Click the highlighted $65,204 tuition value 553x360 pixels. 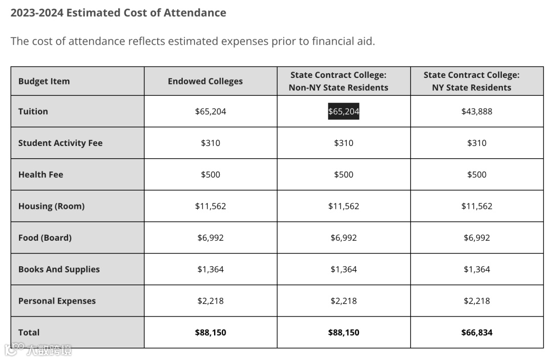[x=344, y=111]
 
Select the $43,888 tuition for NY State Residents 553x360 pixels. [x=477, y=111]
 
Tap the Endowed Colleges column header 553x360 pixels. [x=205, y=81]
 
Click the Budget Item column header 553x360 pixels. [x=44, y=81]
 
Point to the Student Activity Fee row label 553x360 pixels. [x=60, y=143]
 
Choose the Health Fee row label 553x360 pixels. [x=41, y=175]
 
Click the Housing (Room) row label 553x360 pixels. [x=52, y=206]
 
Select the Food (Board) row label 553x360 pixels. [x=45, y=238]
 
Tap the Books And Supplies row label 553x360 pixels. [x=59, y=269]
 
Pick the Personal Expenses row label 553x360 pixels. [x=57, y=301]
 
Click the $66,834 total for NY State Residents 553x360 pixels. [x=477, y=332]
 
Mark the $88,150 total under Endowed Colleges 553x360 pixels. [x=210, y=332]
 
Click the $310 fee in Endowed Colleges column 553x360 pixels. [x=210, y=143]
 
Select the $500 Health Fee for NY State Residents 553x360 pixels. [x=477, y=175]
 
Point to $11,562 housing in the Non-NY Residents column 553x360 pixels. [x=344, y=206]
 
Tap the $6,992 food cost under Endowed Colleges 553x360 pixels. [x=210, y=238]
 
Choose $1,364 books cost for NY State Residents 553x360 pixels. [x=477, y=269]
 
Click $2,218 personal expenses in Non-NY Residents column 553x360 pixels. [x=344, y=301]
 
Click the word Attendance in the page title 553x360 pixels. [x=195, y=13]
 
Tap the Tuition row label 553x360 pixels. [x=33, y=111]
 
